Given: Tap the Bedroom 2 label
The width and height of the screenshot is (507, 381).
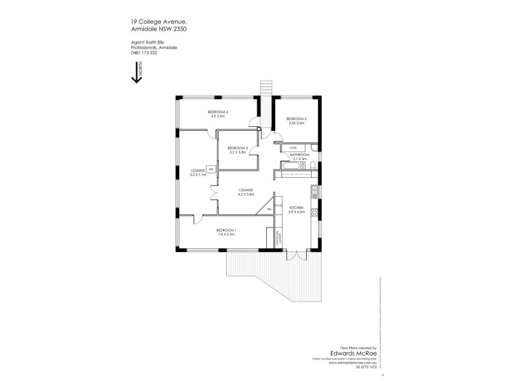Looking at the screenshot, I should pos(296,119).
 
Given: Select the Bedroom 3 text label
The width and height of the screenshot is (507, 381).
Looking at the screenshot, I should pos(237,148).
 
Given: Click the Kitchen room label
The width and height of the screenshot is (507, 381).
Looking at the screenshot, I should pos(297,208).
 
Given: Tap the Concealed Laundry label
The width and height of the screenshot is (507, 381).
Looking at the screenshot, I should pos(278,239).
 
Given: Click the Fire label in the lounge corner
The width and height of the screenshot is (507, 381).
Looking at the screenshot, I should pos(269,209).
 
